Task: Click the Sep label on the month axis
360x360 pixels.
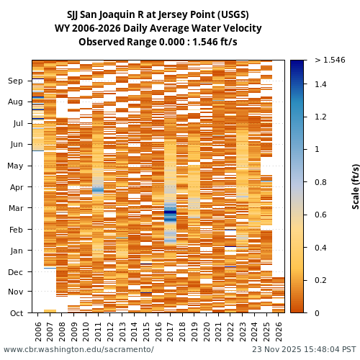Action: click(x=15, y=81)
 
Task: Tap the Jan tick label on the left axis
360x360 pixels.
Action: click(x=16, y=251)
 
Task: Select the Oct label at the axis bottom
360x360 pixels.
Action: click(x=16, y=313)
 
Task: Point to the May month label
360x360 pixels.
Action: click(x=15, y=166)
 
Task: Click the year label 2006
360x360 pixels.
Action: click(x=38, y=330)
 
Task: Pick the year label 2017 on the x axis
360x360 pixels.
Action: click(x=170, y=330)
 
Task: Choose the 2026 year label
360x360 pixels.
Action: click(x=279, y=330)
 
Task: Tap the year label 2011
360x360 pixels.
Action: click(x=98, y=330)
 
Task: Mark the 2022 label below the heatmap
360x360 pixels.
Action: click(x=230, y=330)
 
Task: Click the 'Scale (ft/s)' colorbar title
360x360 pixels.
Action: click(x=356, y=186)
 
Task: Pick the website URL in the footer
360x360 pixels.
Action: click(x=78, y=350)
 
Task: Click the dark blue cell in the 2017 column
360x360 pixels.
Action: click(x=170, y=215)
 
